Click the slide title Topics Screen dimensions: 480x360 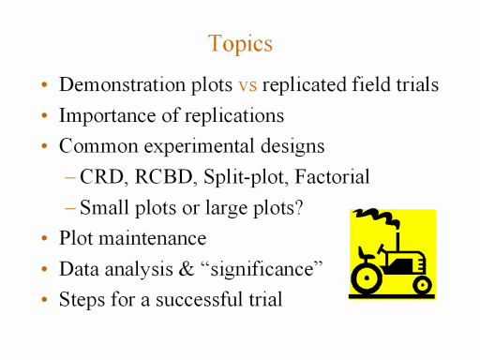(x=240, y=44)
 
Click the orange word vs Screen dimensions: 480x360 (x=247, y=85)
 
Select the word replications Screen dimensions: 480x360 (x=234, y=116)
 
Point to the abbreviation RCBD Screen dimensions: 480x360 (x=163, y=176)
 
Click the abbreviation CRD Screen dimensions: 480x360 (x=102, y=176)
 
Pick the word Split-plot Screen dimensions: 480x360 (x=244, y=177)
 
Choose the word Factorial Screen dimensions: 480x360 (x=332, y=176)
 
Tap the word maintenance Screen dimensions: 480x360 (x=153, y=238)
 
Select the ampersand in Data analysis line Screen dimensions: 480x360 (x=187, y=269)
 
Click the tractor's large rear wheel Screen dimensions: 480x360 (x=367, y=278)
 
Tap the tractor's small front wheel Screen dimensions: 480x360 (x=422, y=285)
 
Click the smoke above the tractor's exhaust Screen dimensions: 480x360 (x=377, y=217)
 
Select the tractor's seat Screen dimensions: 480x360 (x=366, y=254)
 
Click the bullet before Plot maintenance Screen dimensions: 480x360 (x=44, y=238)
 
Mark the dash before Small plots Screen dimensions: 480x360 (x=70, y=208)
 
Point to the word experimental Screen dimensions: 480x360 (x=199, y=146)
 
